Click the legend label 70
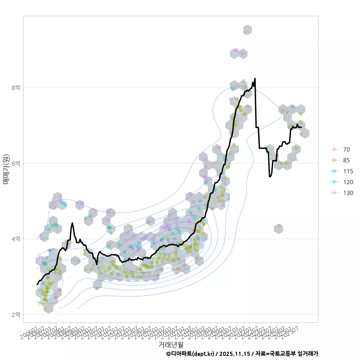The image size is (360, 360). click(346, 149)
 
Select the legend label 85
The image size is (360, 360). click(346, 160)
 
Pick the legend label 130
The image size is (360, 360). click(348, 193)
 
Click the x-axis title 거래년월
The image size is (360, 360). click(171, 344)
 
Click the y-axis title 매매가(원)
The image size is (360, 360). click(6, 169)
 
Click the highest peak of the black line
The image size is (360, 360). click(255, 79)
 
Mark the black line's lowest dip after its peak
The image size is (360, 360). click(270, 176)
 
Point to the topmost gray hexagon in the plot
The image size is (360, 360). click(247, 30)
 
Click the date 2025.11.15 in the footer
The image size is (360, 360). click(235, 354)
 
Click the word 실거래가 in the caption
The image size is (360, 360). click(307, 354)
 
